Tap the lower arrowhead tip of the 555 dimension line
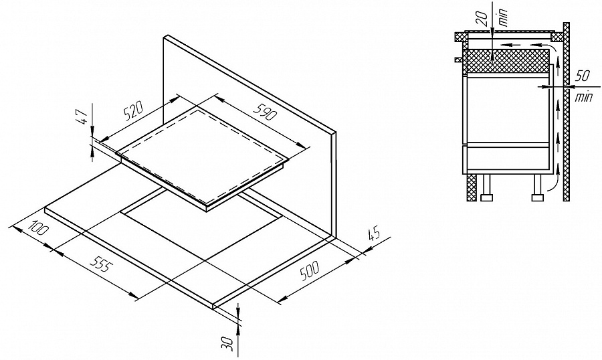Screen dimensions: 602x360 coord(138,298)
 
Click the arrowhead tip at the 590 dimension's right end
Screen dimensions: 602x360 coord(308,147)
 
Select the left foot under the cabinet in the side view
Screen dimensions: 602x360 coord(487,188)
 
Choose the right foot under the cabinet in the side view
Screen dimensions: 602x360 coord(537,188)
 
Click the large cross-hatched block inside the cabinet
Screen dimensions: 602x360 coord(506,62)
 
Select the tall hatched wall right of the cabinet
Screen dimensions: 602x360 coord(566,111)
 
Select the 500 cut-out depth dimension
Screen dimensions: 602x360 coord(310,271)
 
